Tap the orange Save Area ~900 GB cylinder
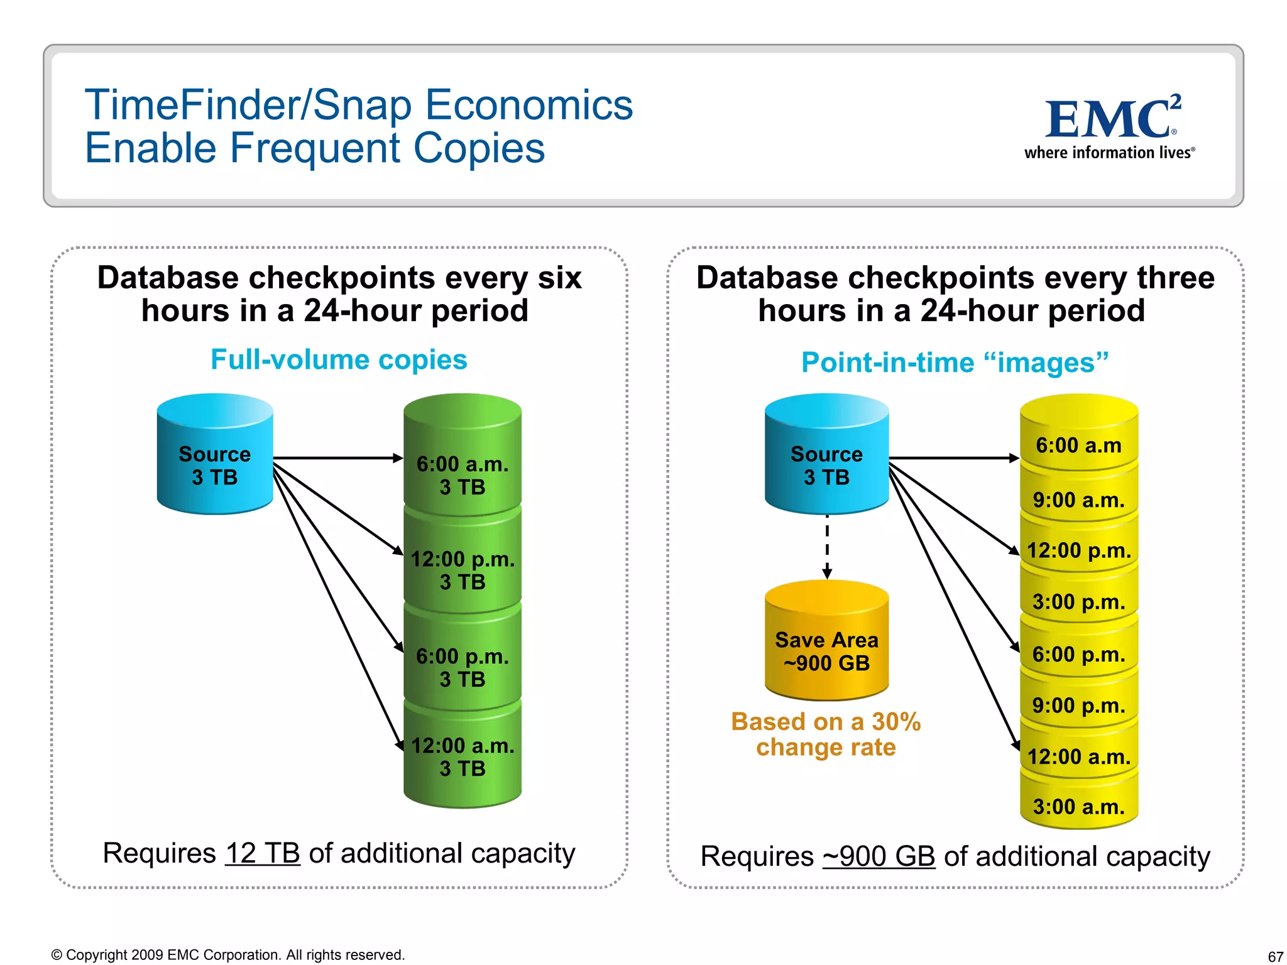point(826,647)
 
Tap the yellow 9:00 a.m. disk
point(1078,500)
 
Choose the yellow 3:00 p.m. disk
point(1078,602)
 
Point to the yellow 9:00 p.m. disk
point(1078,705)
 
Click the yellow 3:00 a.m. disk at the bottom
point(1078,806)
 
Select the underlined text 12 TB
point(262,853)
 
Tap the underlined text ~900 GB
point(879,856)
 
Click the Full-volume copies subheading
point(339,360)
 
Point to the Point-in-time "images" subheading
point(954,363)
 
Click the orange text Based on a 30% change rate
point(826,734)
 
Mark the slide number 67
point(1275,956)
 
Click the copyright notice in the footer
point(228,955)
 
